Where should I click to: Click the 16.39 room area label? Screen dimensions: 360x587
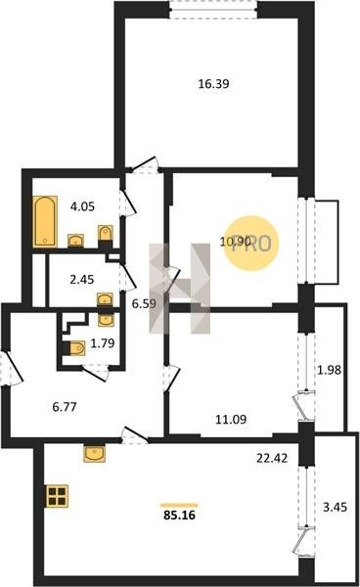coord(213,84)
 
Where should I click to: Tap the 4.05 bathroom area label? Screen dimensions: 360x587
coord(82,206)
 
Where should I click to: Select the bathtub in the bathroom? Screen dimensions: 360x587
coord(45,221)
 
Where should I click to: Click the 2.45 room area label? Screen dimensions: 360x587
coord(82,279)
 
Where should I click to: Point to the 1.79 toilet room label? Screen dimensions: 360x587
coord(103,343)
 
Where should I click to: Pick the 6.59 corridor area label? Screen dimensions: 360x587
coord(144,303)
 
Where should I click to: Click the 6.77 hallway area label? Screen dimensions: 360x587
coord(65,407)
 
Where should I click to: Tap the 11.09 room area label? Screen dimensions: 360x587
coord(231,420)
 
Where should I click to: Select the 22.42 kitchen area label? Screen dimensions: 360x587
coord(272,458)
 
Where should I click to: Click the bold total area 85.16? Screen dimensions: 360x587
coord(179,516)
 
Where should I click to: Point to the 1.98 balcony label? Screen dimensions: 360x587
coord(330,370)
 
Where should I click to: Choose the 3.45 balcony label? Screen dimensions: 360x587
coord(335,507)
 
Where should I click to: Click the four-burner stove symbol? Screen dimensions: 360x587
coord(57,496)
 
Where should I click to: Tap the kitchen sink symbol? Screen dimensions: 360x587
coord(95,453)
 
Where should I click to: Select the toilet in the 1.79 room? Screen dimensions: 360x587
coord(74,348)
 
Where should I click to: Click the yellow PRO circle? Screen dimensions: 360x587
coord(251,244)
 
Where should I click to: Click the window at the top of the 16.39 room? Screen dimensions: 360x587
coord(213,10)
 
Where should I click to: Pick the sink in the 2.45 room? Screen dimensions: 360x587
coord(105,300)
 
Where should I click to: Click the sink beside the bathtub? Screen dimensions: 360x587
coord(75,241)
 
